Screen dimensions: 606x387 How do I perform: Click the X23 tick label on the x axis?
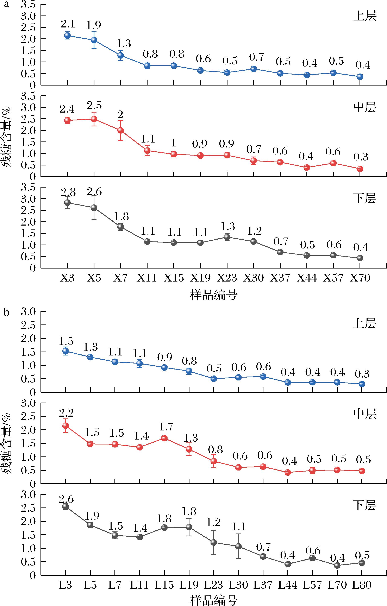tap(227, 278)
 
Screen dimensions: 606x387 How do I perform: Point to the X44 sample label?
tap(307, 278)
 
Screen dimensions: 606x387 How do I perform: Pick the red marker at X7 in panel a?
tap(121, 130)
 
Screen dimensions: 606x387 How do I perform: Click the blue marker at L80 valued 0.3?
tap(362, 384)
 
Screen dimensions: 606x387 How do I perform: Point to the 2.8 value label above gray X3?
tap(68, 193)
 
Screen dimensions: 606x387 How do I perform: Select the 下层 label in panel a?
tap(364, 198)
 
